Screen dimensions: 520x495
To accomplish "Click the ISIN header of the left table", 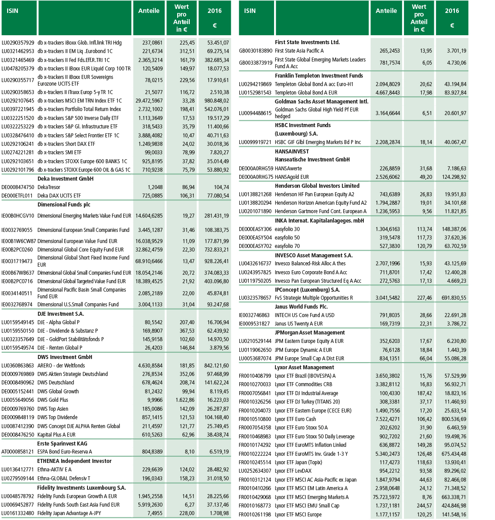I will point(13,11).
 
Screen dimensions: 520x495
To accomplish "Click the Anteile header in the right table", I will point(386,11).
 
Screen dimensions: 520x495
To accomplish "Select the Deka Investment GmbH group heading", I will point(65,178).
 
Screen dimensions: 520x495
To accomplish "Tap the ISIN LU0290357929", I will point(18,43).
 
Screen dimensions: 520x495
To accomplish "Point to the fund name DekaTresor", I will point(49,187).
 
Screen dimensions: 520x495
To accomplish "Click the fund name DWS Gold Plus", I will point(53,400).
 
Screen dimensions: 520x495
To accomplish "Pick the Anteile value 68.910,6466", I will point(149,261).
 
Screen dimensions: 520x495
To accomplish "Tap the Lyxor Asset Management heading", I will point(304,367).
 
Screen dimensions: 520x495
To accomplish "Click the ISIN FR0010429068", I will point(255,497).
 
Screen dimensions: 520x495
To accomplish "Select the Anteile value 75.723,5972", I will point(387,497).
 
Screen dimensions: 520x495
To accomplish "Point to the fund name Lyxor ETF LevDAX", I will point(293,471).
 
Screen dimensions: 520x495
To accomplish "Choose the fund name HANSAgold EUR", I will point(292,177).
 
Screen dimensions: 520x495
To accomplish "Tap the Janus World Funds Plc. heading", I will point(301,307).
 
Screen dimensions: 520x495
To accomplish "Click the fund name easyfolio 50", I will point(287,238).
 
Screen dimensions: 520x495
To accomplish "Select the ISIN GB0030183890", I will point(255,51).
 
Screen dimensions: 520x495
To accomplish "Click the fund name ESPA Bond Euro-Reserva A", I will point(65,452).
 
